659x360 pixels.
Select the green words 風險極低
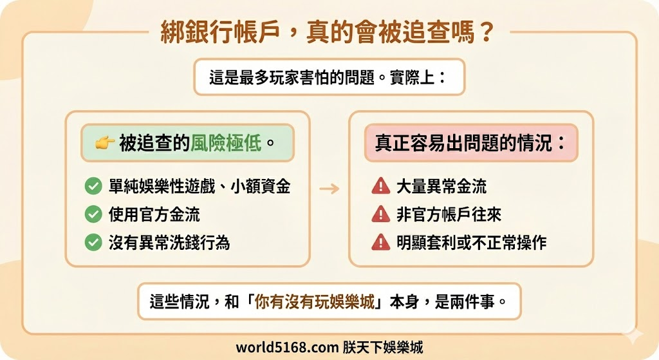(x=226, y=143)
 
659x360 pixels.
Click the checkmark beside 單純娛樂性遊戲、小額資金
(x=93, y=187)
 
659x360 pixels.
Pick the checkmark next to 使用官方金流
(x=93, y=214)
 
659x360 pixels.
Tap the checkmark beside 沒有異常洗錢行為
(x=93, y=242)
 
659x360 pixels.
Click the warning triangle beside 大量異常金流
(x=381, y=187)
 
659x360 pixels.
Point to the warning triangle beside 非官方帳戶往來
(x=381, y=214)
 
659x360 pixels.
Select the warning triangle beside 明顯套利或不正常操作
(x=381, y=242)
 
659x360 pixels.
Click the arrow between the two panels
(x=329, y=189)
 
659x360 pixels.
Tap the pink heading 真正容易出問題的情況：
(x=471, y=143)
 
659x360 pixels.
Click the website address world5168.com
(x=286, y=347)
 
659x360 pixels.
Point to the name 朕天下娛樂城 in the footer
(x=383, y=347)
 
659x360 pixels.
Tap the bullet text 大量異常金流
(x=441, y=187)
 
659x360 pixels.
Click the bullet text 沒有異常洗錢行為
(x=169, y=242)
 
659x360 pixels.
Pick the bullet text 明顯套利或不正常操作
(x=471, y=242)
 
